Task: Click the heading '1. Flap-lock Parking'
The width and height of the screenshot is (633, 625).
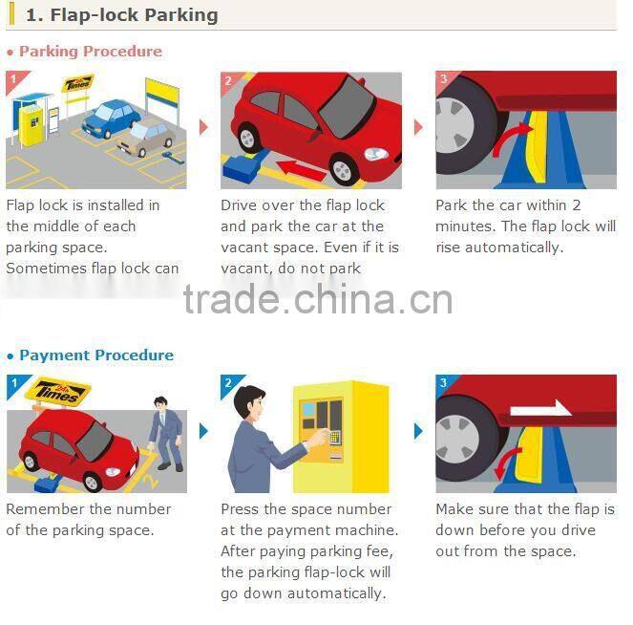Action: [121, 15]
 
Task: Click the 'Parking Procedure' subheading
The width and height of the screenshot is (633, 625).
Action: [91, 52]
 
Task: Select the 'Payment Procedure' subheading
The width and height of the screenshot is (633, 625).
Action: [96, 356]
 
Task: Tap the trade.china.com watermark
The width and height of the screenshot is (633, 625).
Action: [318, 300]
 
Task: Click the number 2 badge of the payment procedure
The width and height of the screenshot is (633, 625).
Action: [229, 384]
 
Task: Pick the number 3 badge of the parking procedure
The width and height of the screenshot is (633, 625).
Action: [444, 80]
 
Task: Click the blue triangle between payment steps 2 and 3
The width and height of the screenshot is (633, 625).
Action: [418, 431]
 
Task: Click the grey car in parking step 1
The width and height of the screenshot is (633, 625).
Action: [146, 137]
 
